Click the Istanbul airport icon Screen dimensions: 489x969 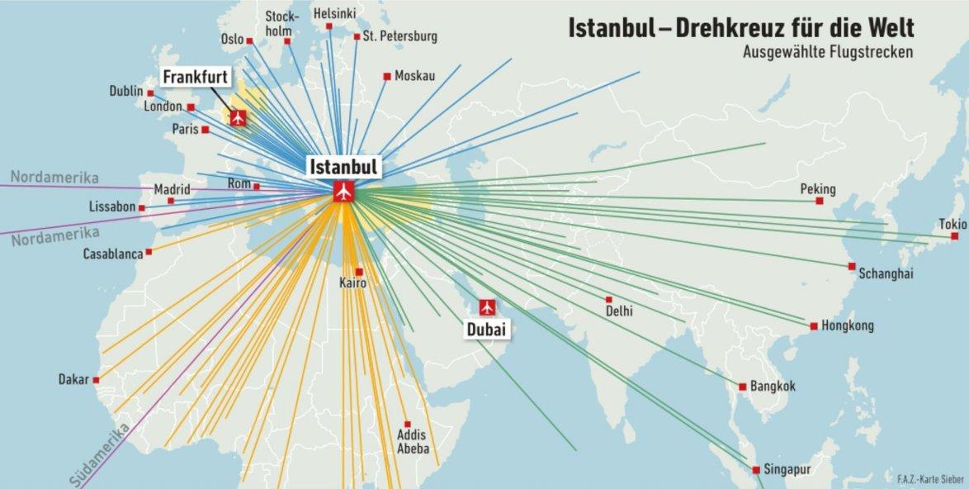[343, 192]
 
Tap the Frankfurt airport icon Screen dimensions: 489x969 [239, 117]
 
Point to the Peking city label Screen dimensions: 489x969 [817, 189]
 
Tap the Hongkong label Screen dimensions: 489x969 [847, 326]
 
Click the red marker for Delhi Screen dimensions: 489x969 [609, 299]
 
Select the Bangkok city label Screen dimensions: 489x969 [773, 386]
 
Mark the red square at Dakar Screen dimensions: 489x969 [97, 380]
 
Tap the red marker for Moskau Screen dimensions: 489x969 [386, 77]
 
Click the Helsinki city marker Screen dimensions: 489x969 [329, 26]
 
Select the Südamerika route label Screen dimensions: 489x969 [98, 454]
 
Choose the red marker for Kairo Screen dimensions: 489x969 [359, 271]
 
